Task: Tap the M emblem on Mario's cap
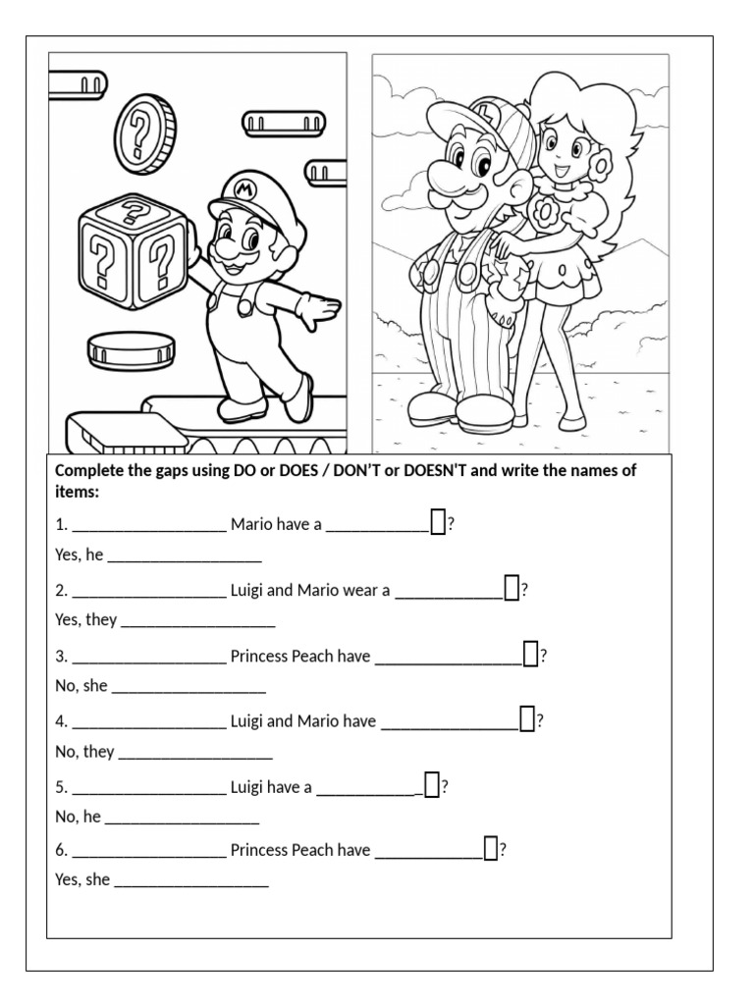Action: [243, 189]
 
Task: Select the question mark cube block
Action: [135, 252]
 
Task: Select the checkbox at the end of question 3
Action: [531, 654]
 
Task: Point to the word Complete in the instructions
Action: [88, 471]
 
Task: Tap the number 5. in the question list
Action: [62, 787]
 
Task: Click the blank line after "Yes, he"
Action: [185, 560]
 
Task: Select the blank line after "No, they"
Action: [195, 758]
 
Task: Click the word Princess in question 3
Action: [258, 657]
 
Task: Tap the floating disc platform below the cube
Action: [132, 350]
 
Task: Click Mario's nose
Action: [226, 244]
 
